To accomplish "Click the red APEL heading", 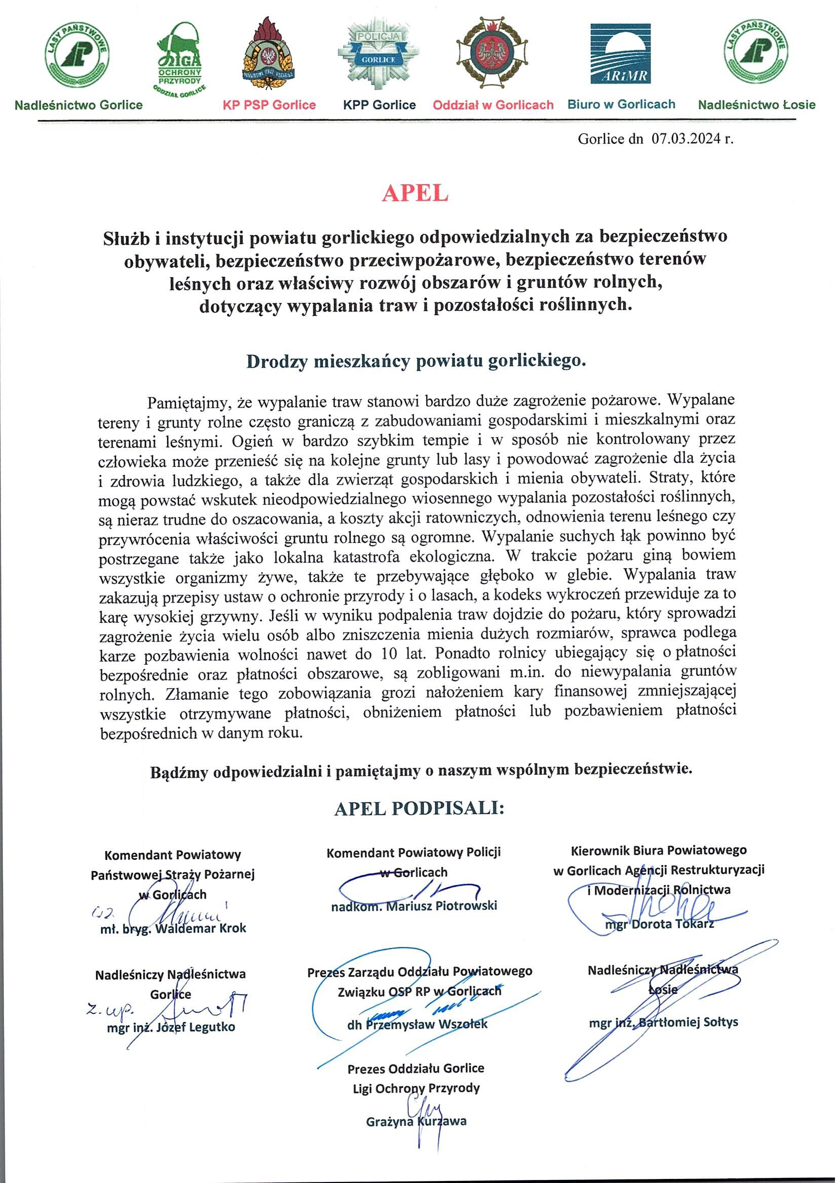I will coord(415,193).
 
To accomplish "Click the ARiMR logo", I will coord(621,54).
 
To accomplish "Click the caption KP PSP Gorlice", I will coord(269,105).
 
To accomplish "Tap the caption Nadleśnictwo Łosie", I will coord(756,105).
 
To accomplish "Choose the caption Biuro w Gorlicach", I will coord(621,105).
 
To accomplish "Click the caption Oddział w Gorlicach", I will coord(493,105).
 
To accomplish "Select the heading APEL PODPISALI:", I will coord(419,808).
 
